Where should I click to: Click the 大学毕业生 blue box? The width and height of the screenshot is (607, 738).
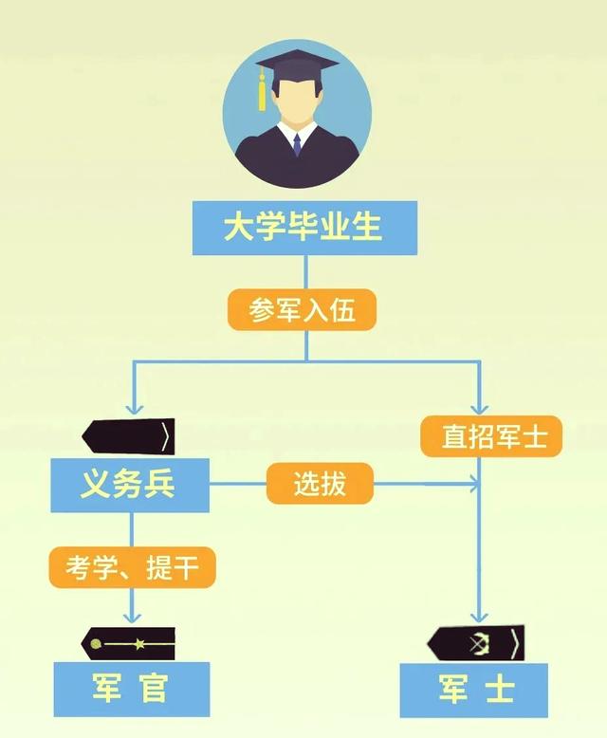[x=303, y=228]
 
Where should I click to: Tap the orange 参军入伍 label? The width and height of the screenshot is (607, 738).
[x=303, y=310]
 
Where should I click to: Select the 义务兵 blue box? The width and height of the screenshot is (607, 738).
[x=129, y=486]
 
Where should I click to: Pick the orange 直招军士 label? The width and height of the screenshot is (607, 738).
[x=489, y=436]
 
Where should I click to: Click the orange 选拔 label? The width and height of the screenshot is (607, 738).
[x=320, y=485]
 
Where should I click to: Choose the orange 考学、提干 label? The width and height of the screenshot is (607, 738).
[x=132, y=568]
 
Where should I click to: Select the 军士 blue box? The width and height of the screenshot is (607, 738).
[x=474, y=689]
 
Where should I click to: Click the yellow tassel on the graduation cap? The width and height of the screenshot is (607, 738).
[x=262, y=92]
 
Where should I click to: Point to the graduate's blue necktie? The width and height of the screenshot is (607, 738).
[x=297, y=144]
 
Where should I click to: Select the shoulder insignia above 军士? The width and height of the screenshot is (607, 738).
[x=474, y=643]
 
